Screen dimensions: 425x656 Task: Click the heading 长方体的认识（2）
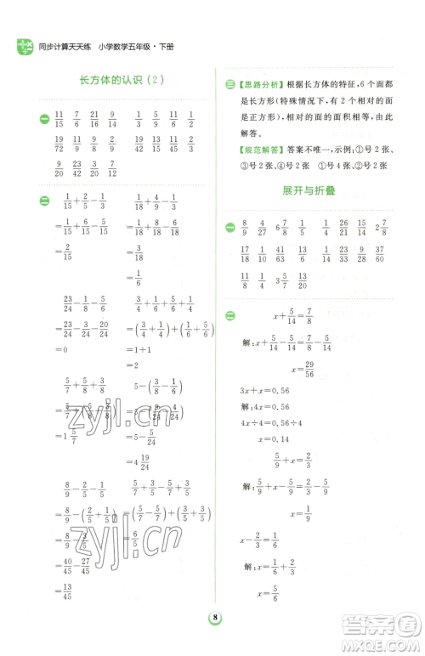point(120,81)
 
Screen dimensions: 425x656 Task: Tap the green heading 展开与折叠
point(309,191)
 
